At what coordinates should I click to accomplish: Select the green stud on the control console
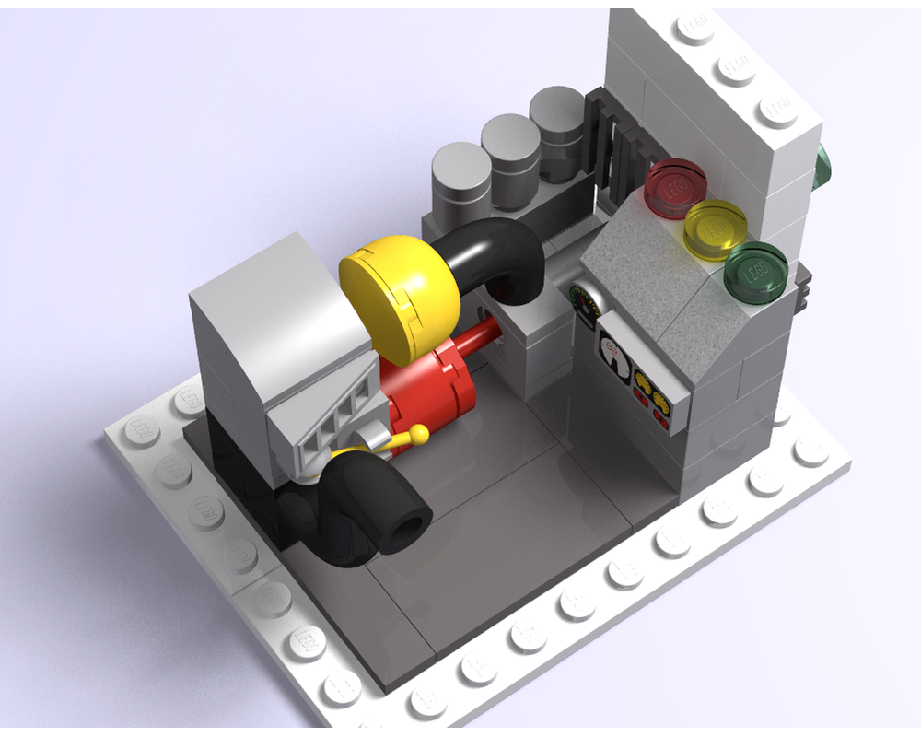click(x=756, y=270)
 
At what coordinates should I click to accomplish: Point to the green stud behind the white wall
click(x=822, y=166)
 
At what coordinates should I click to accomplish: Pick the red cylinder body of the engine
click(x=433, y=387)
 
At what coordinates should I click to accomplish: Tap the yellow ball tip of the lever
click(x=418, y=432)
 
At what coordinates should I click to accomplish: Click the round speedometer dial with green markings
click(x=583, y=304)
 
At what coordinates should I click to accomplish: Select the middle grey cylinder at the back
click(x=509, y=152)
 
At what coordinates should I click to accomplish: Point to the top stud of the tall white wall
click(x=695, y=28)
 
